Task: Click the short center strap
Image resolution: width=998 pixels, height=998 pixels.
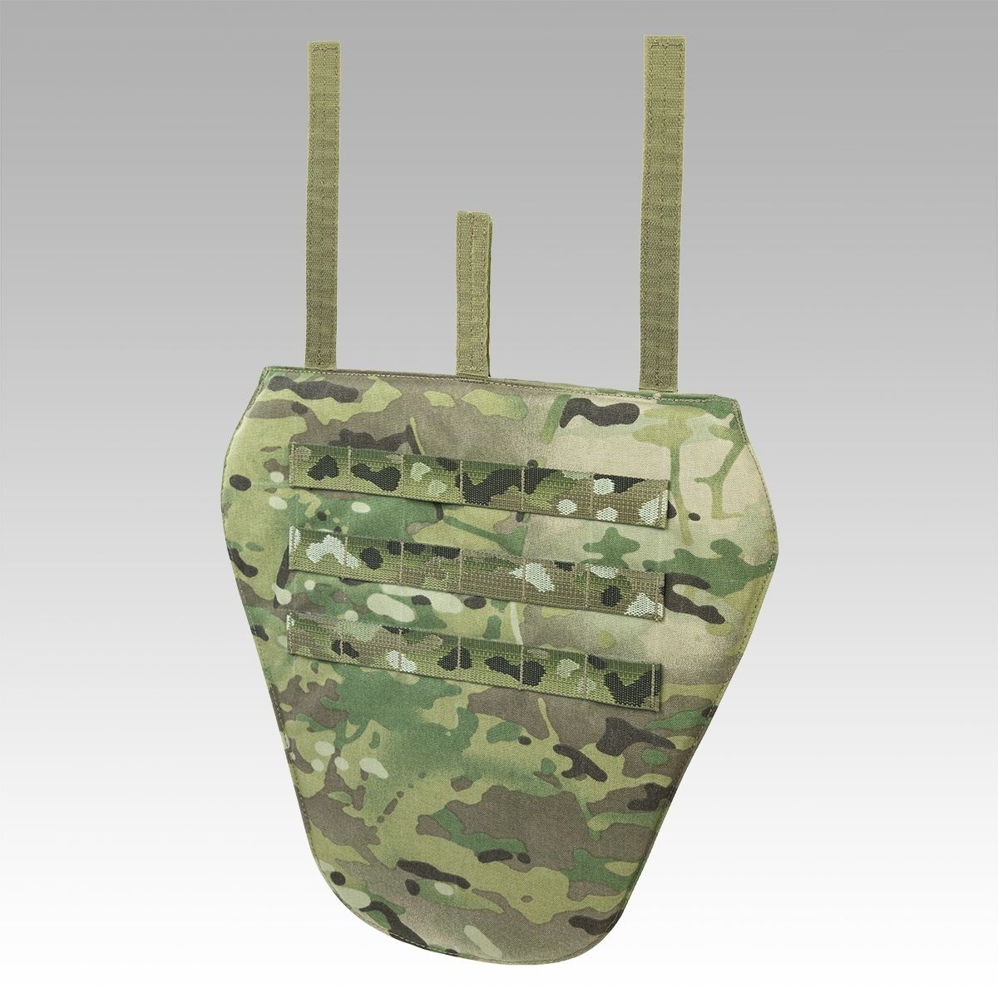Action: click(x=473, y=291)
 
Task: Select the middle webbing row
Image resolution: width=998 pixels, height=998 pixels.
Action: click(x=478, y=566)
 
